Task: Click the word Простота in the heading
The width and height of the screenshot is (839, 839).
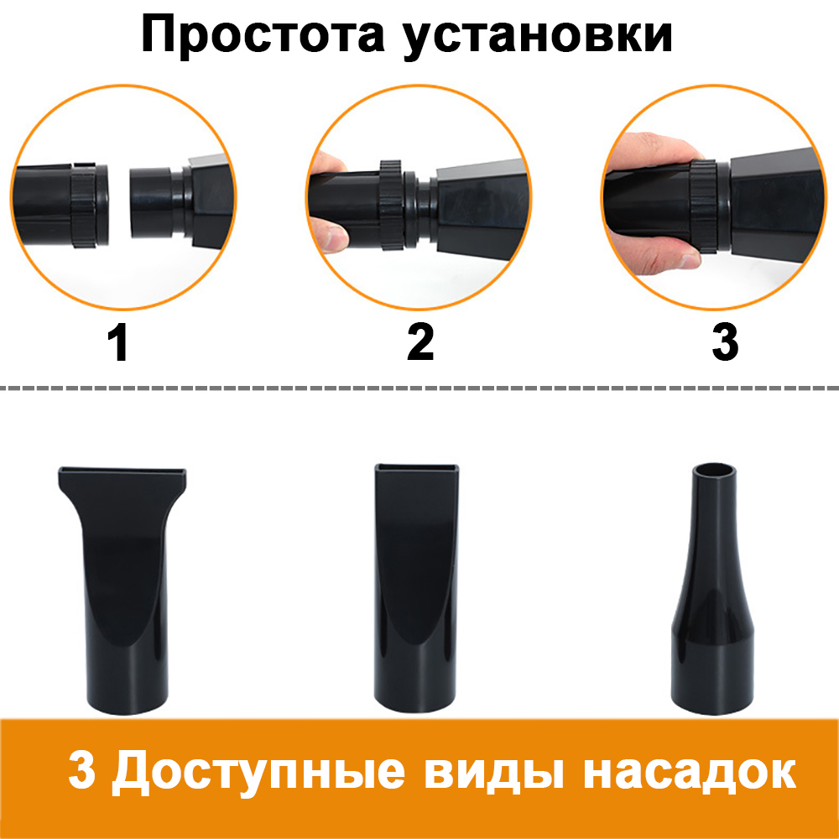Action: coord(263,34)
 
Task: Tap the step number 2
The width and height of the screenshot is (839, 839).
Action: coord(420,342)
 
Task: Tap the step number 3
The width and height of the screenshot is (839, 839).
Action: coord(725,342)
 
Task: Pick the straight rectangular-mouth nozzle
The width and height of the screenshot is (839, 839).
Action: coord(416,588)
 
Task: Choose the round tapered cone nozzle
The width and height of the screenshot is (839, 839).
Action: coord(712,589)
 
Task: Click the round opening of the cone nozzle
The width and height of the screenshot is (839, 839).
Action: coord(714,473)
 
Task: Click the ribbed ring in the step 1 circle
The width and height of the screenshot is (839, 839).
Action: coord(84,206)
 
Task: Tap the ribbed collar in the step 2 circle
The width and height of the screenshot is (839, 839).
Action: coord(391,205)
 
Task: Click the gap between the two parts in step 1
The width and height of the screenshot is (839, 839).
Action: coord(118,206)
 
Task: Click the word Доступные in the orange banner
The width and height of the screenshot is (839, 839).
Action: coord(258,773)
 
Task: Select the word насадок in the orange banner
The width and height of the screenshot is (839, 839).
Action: coord(690,772)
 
